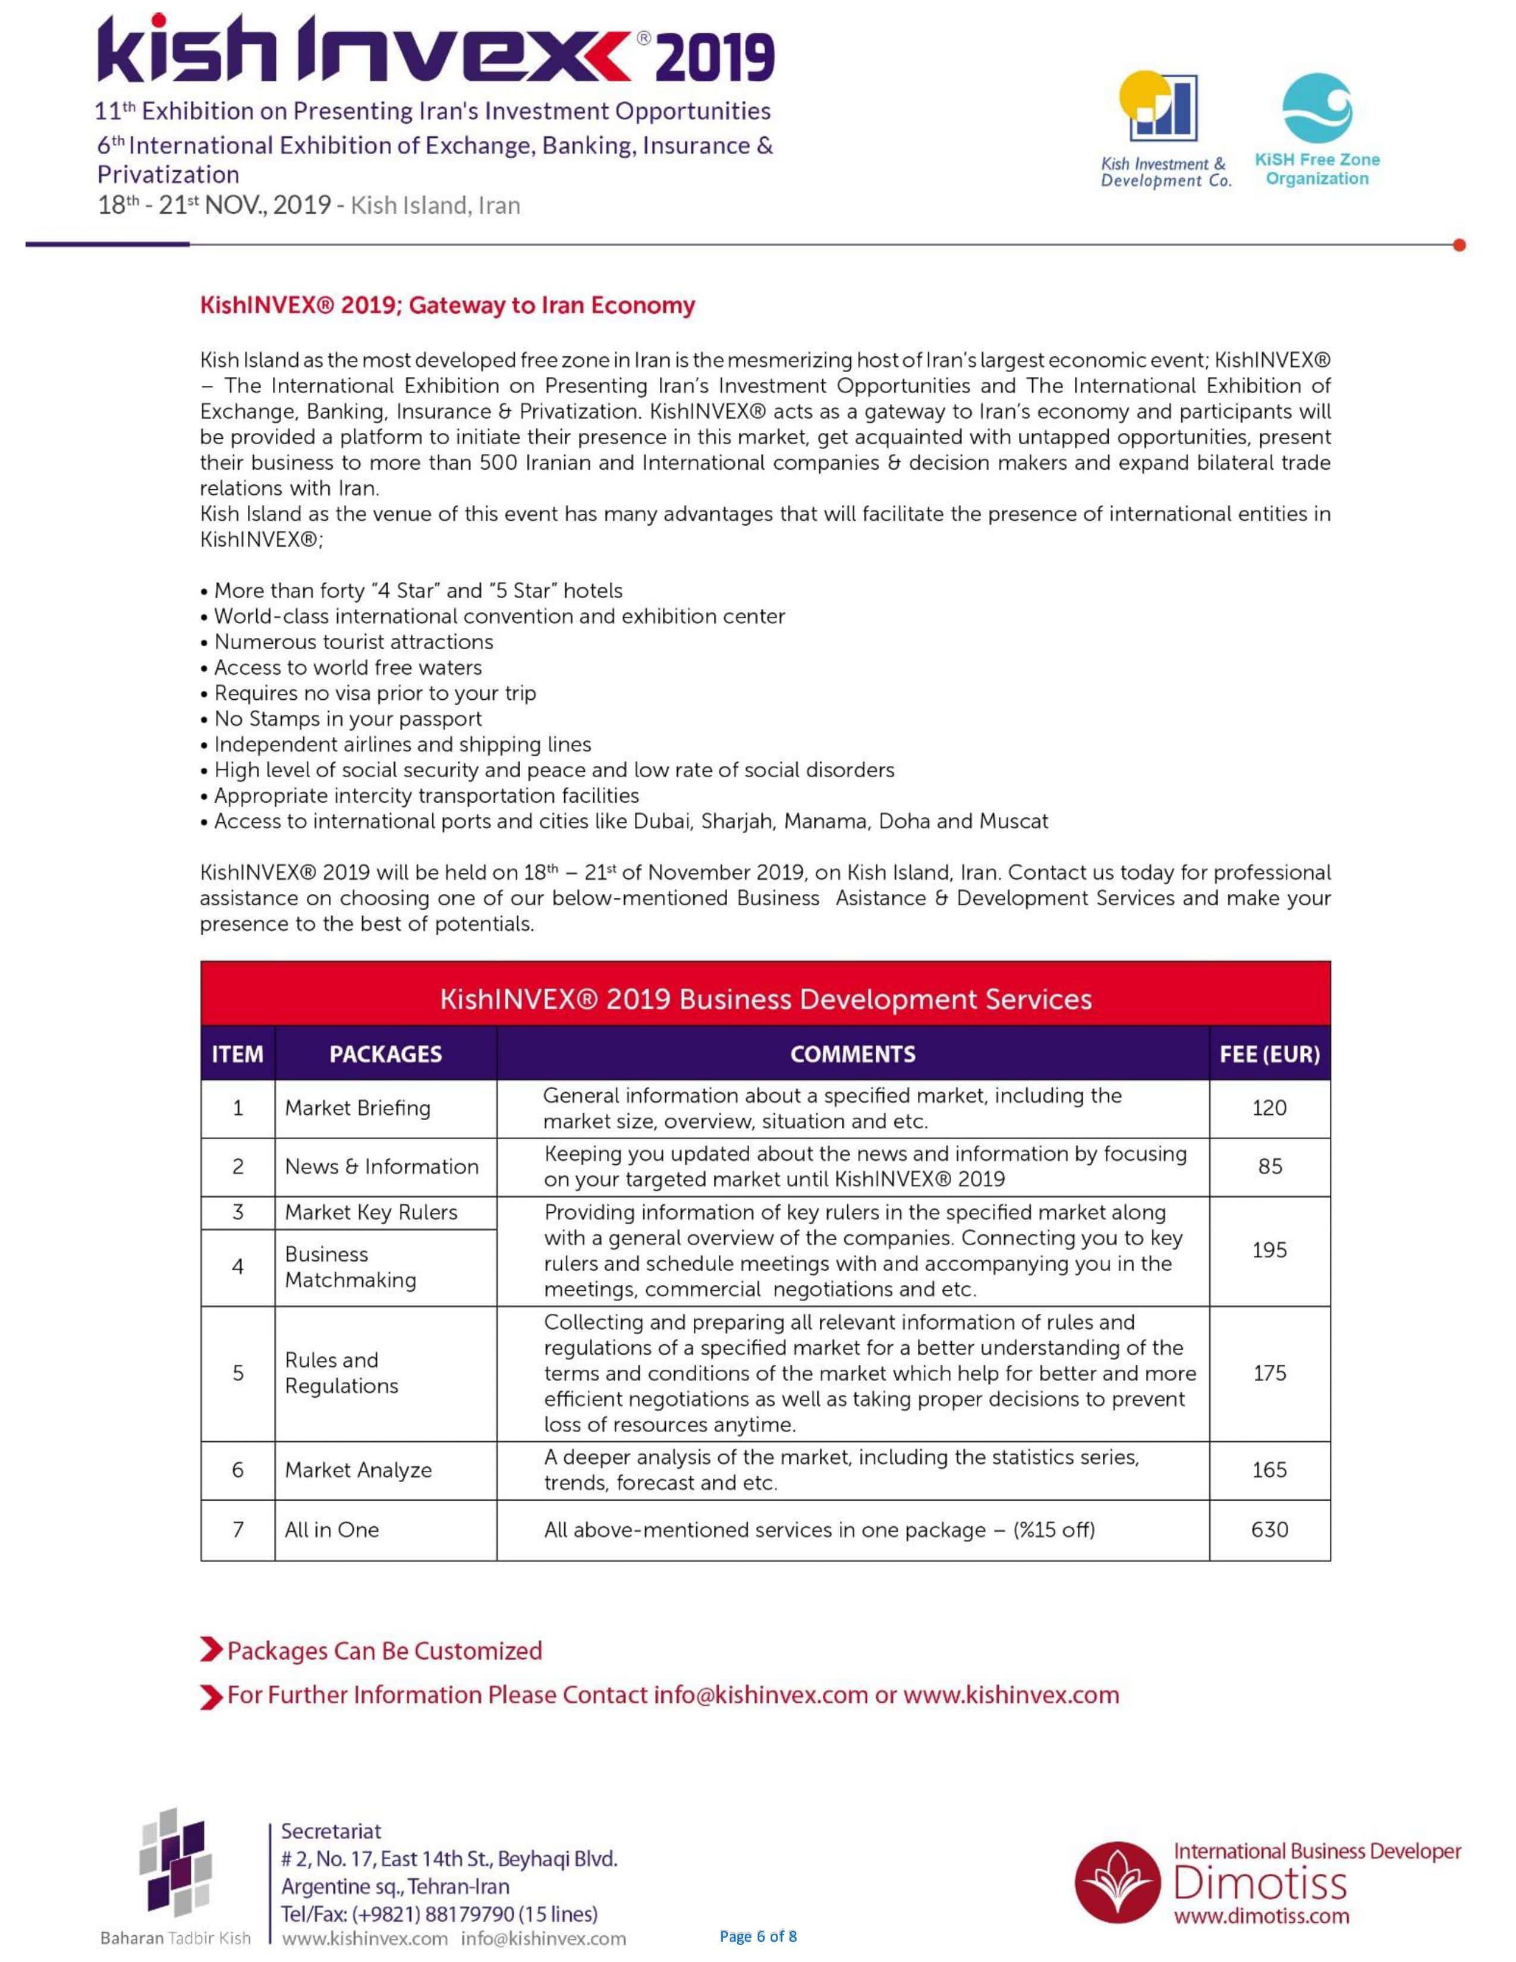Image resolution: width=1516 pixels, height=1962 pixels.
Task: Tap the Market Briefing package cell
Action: [x=357, y=1108]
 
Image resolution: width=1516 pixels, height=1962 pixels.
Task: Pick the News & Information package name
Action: [x=382, y=1166]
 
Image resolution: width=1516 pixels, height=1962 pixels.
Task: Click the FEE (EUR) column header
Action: [x=1269, y=1054]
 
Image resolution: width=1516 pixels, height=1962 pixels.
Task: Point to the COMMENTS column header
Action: [x=853, y=1054]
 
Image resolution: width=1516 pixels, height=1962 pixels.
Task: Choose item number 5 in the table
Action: [x=238, y=1373]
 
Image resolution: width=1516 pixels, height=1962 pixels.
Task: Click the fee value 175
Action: [x=1269, y=1373]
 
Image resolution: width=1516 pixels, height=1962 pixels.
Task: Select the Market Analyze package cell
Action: [x=358, y=1470]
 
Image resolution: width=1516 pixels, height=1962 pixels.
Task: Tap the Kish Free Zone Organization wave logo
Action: [x=1317, y=108]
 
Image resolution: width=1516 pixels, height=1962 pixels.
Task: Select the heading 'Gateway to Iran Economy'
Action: [x=447, y=306]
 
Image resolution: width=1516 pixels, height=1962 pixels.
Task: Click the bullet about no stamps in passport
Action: [x=348, y=719]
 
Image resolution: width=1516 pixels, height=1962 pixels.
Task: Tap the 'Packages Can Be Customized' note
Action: [x=385, y=1651]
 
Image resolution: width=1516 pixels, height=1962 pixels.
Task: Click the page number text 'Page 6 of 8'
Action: [x=758, y=1936]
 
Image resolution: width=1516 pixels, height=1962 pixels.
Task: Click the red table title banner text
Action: [x=765, y=999]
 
